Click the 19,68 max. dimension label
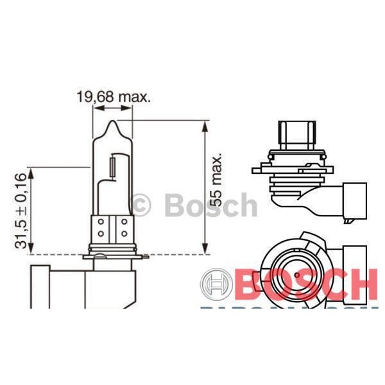113,98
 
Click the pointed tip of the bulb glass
113,124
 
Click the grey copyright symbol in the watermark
142,205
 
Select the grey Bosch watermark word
210,205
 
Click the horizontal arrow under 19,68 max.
113,108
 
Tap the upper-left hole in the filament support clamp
101,223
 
